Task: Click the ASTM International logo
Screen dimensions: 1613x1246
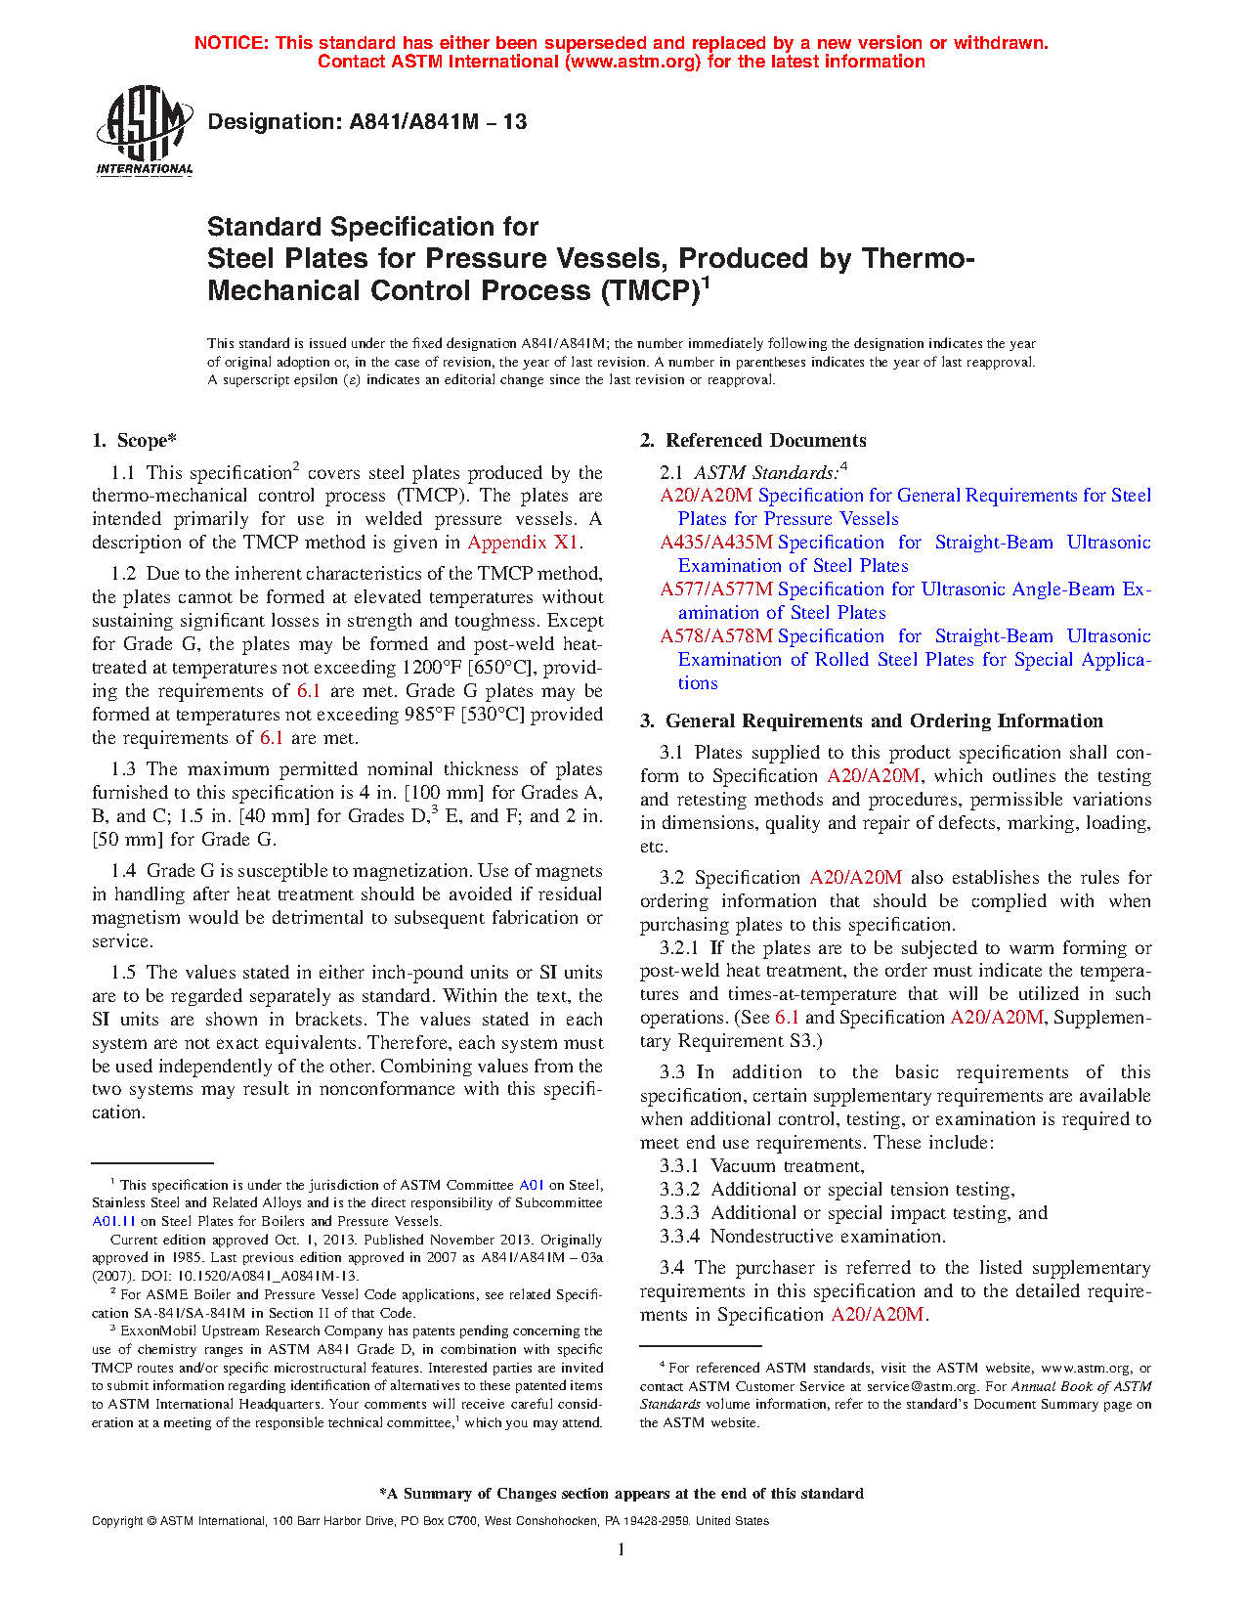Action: [145, 130]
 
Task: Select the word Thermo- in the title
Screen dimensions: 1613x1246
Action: [918, 259]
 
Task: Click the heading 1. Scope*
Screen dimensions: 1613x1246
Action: [135, 441]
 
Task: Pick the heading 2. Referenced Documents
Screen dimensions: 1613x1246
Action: [752, 441]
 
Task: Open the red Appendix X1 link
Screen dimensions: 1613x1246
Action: [523, 543]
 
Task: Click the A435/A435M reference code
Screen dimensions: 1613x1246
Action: [715, 543]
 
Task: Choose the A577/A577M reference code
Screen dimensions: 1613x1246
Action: [715, 589]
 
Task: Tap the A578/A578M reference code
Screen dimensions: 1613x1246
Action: [715, 636]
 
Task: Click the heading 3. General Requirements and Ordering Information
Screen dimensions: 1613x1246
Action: [872, 721]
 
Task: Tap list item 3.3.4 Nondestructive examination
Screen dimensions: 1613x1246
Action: [802, 1237]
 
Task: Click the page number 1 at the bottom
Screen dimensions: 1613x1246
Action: [622, 1549]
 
